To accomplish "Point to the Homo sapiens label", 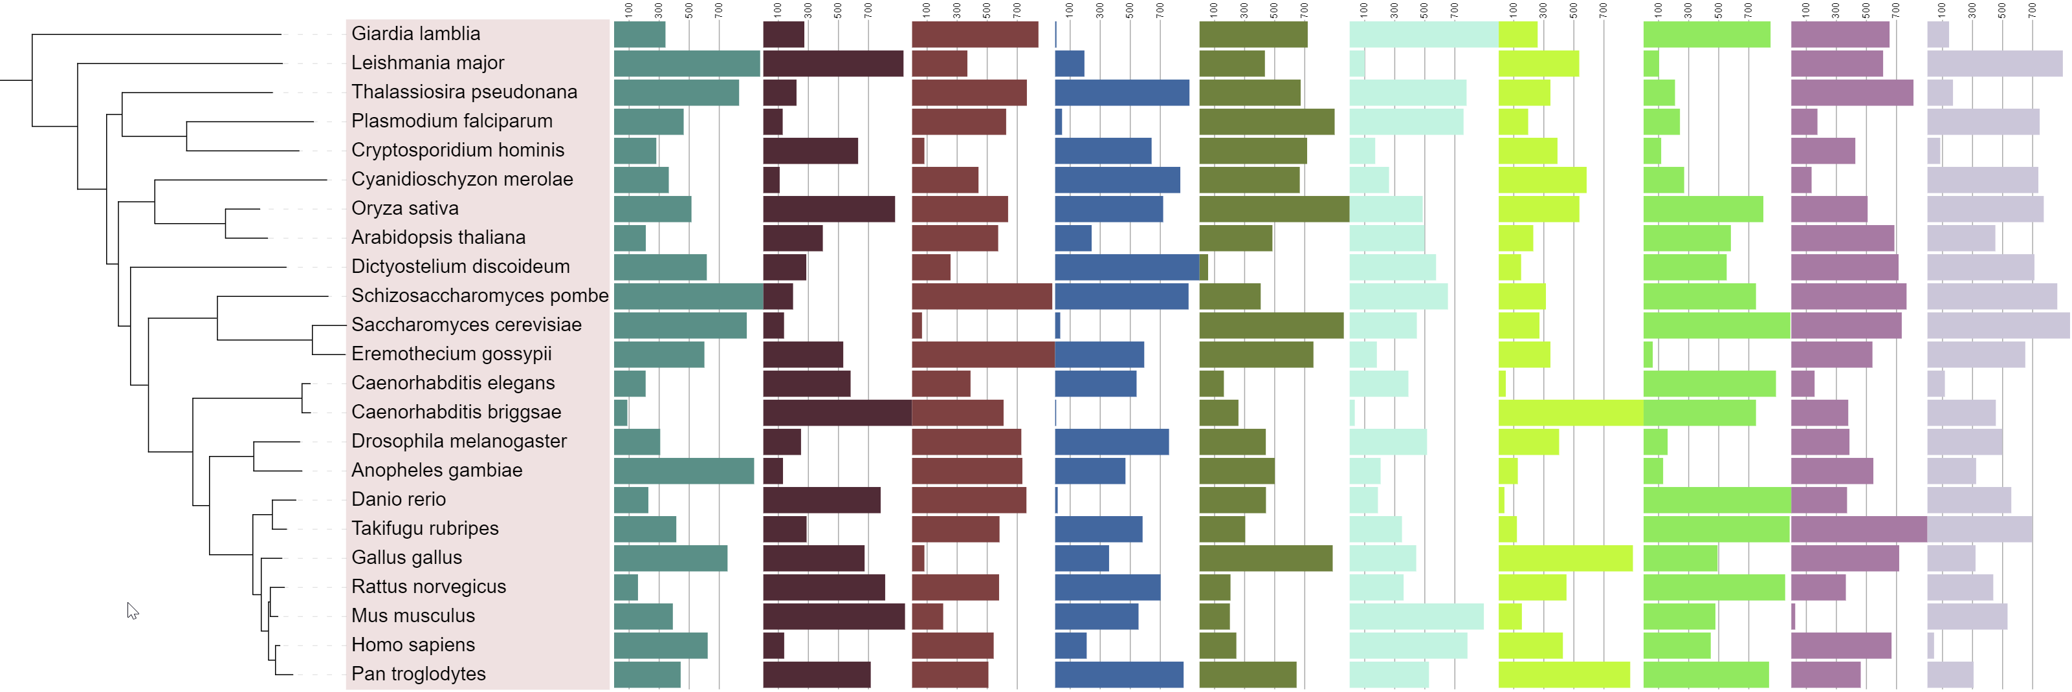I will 413,645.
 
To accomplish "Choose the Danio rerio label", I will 398,499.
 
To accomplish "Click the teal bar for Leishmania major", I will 686,63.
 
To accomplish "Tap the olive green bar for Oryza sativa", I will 1273,209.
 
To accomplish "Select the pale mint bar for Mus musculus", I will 1416,616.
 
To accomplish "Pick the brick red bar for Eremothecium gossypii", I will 982,354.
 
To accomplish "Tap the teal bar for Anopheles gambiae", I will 684,471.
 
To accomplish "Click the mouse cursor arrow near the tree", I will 132,610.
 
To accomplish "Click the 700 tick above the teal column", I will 719,10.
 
